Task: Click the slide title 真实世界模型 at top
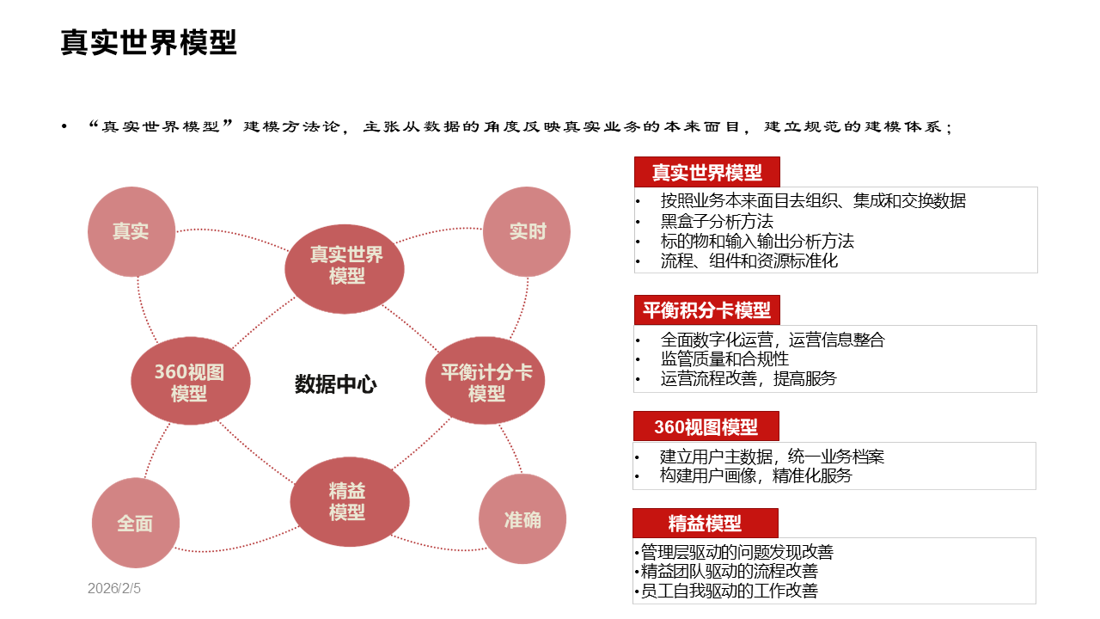[x=149, y=42]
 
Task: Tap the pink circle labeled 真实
[x=131, y=232]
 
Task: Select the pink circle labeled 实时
[x=527, y=232]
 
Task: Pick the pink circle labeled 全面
[x=135, y=524]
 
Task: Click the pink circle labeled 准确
[x=522, y=519]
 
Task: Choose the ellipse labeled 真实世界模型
[x=345, y=266]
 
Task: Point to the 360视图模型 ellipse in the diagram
[x=190, y=382]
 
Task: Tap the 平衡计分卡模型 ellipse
[x=486, y=382]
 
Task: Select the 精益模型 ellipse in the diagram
[x=349, y=502]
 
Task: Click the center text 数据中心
[x=336, y=384]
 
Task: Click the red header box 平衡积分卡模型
[x=706, y=309]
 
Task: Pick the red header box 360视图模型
[x=706, y=426]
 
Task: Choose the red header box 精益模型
[x=705, y=523]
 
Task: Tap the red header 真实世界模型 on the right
[x=706, y=172]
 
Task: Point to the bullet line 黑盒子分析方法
[x=717, y=221]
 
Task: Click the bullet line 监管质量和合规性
[x=724, y=359]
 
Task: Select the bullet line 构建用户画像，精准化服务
[x=755, y=475]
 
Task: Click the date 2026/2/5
[x=113, y=589]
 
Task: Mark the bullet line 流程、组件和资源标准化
[x=749, y=260]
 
